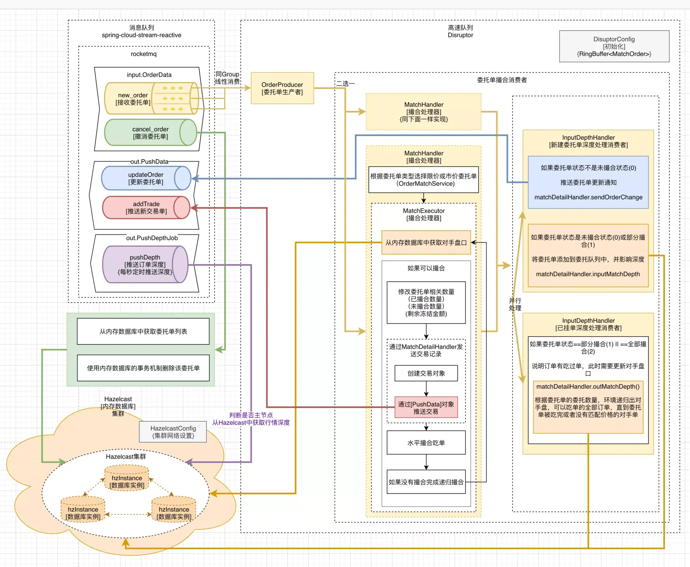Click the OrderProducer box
coord(282,88)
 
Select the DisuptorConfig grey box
coord(614,46)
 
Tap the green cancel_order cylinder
coord(150,133)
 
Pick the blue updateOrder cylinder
coord(146,178)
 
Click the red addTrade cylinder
coord(146,207)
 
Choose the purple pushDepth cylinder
coord(145,264)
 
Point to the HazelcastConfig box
coord(173,432)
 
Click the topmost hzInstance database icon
coord(126,479)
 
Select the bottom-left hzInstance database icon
coord(83,509)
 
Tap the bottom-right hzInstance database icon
coord(174,509)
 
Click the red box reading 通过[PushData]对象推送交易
coord(426,407)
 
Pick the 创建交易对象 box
coord(426,373)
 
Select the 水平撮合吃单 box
coord(426,443)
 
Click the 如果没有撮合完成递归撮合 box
coord(426,482)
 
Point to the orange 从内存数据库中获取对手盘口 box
coord(426,243)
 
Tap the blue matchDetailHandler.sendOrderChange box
coord(588,182)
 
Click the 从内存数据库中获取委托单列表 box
coord(143,331)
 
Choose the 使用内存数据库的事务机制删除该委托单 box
coord(143,368)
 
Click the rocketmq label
coord(143,54)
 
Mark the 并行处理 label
coord(515,304)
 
